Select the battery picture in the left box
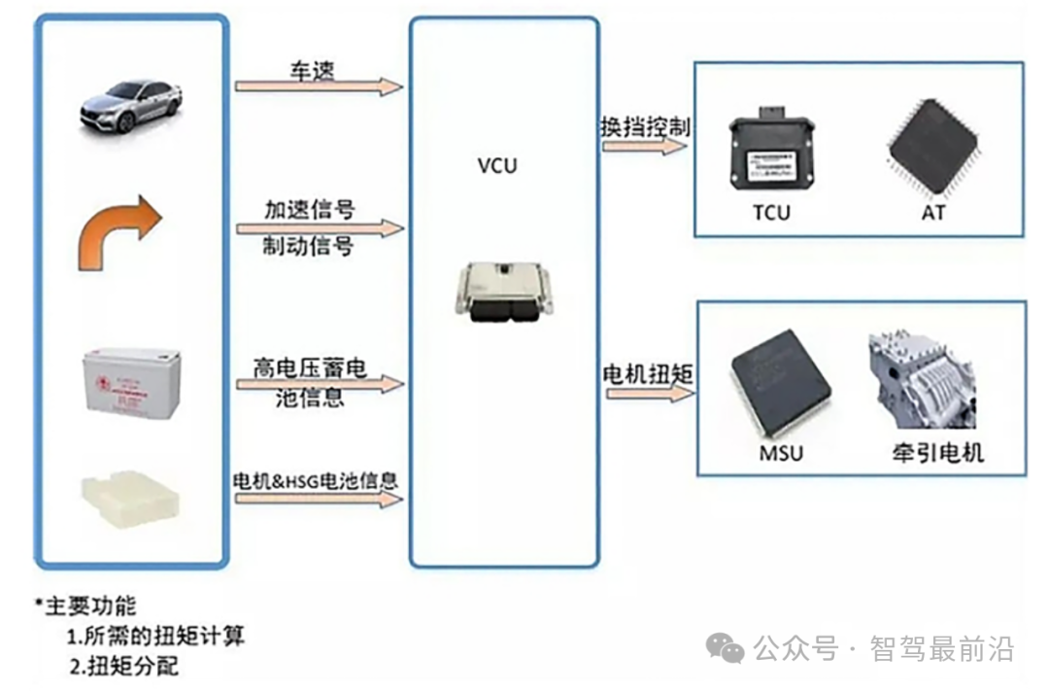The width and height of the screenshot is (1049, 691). (x=129, y=383)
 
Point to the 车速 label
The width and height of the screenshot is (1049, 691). (x=314, y=70)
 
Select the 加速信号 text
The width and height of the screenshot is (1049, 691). (x=310, y=209)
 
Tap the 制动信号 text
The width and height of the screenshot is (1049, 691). (x=309, y=246)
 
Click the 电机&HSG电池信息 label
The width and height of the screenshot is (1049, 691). (x=317, y=480)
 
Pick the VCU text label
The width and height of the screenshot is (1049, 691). (x=497, y=165)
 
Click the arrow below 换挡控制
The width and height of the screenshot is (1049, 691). (x=645, y=147)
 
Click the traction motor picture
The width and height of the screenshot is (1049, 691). (x=922, y=382)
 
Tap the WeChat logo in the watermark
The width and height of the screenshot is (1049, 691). (x=726, y=646)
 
